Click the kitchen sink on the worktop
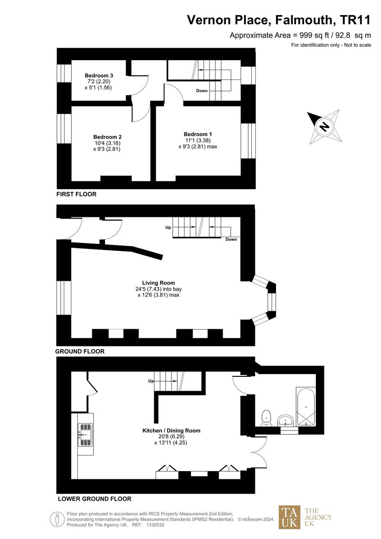coord(85,435)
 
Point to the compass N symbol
coord(324,127)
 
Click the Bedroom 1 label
coord(197,134)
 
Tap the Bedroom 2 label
coord(107,137)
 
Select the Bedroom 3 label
coord(99,75)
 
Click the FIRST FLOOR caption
coord(76,194)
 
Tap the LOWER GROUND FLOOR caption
coord(94,499)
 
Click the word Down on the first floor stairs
coord(202,91)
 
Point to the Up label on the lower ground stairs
coord(151,381)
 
